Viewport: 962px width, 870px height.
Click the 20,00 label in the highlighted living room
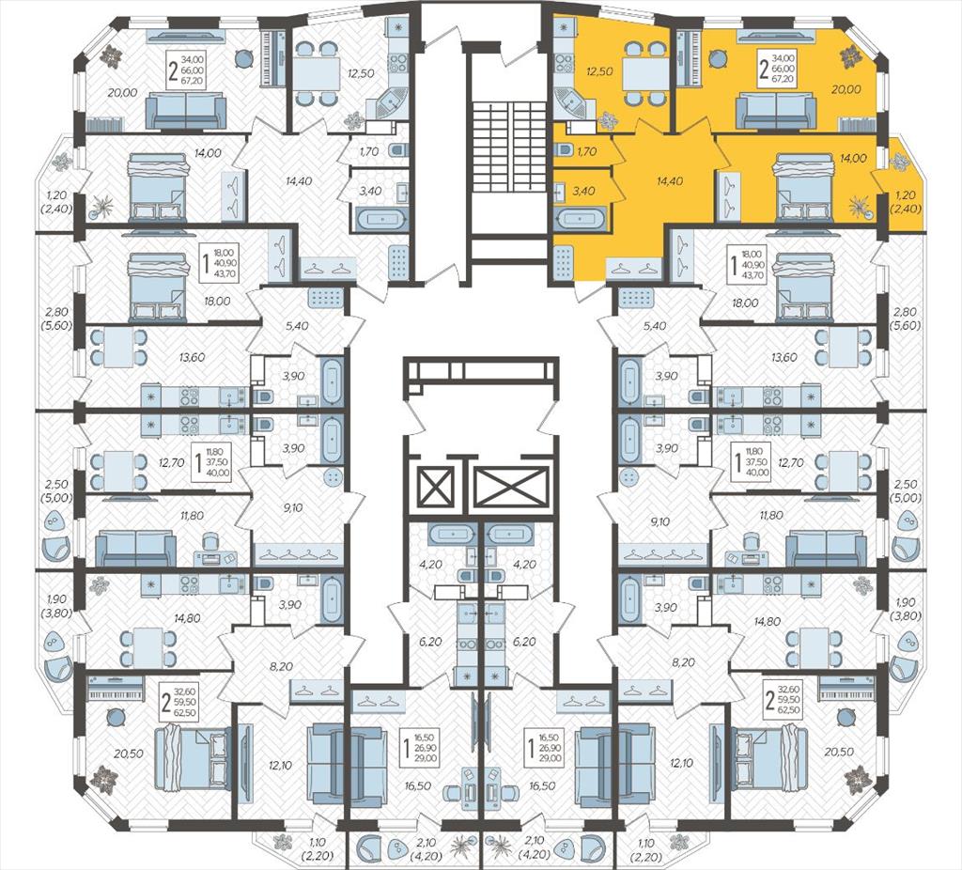point(846,89)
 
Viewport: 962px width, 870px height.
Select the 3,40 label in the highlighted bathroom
point(582,191)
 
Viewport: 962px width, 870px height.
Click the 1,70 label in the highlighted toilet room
point(586,151)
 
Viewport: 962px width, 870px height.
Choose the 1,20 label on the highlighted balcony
point(905,195)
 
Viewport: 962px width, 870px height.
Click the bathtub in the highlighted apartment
point(580,218)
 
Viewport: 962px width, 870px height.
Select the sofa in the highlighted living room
point(775,109)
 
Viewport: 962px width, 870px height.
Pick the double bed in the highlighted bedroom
point(802,187)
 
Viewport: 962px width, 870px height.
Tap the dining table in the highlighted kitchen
point(644,73)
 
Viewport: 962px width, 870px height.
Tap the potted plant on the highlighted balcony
point(900,162)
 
